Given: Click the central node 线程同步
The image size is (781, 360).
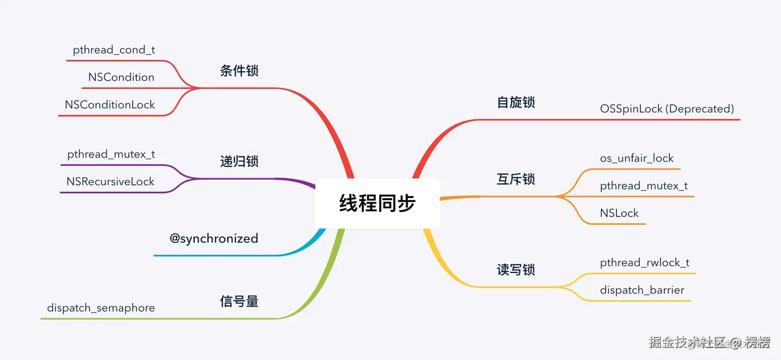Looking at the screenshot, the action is [377, 203].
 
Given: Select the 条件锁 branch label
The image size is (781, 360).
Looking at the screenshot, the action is [239, 71].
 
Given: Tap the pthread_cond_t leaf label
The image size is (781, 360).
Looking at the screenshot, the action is [114, 50].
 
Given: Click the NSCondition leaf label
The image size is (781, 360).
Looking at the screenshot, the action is [121, 77].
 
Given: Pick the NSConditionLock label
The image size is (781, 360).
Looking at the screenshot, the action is [110, 104].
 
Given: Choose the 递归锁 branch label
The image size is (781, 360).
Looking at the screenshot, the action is [239, 162].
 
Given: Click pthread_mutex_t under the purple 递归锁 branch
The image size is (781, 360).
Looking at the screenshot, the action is [111, 154].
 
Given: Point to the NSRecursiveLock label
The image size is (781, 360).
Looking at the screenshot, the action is [110, 181].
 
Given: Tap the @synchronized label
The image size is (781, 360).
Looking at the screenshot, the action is [214, 238].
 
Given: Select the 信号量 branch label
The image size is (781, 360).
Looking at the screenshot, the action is [239, 301].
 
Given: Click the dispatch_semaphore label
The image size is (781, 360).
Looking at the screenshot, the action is [101, 308].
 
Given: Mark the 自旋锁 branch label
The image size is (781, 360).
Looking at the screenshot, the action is [516, 102].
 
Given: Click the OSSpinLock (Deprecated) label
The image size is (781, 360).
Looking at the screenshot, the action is [667, 108].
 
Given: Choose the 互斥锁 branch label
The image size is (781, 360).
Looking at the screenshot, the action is [516, 179].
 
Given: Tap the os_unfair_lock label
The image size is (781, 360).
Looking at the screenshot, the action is [637, 158].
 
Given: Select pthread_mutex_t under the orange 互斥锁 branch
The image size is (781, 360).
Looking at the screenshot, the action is [644, 185].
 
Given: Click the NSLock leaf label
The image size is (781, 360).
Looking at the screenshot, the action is [619, 213].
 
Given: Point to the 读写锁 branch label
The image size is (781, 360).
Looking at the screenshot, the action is [516, 270].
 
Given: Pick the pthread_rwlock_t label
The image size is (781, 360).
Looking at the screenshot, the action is [645, 262].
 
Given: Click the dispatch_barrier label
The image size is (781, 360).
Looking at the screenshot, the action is [642, 290].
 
